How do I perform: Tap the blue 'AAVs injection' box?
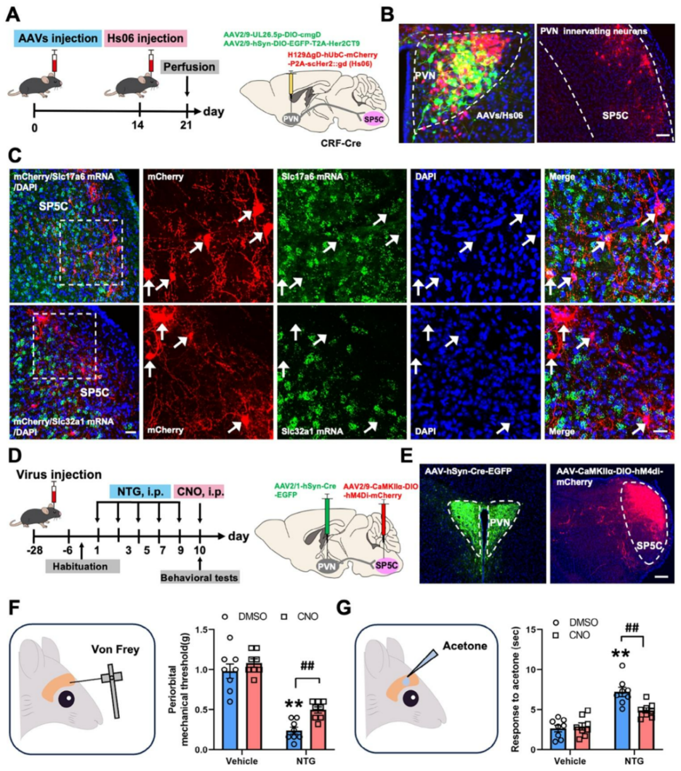(57, 38)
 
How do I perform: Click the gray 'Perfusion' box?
(189, 67)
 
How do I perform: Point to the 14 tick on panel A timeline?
(137, 124)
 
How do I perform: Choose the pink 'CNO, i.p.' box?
(199, 490)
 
